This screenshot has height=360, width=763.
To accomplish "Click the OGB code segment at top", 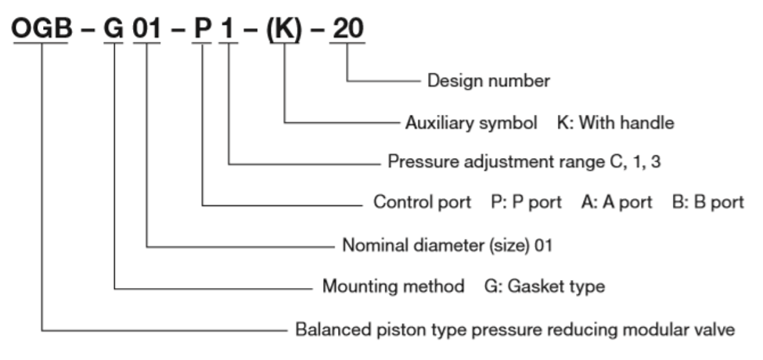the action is click(41, 28).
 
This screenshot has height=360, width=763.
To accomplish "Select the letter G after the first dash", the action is click(114, 28).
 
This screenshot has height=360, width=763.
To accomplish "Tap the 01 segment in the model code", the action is click(147, 28).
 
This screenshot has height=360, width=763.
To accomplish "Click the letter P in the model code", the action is click(203, 28).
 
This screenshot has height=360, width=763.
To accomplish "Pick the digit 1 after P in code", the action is click(227, 28).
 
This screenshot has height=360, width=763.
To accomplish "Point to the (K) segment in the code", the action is click(284, 29).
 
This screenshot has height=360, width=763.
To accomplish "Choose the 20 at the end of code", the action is click(348, 28).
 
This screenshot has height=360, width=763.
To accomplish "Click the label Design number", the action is click(488, 81).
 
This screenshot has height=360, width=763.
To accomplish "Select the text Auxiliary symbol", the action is click(471, 123).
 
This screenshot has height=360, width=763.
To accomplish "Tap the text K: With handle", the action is click(616, 123).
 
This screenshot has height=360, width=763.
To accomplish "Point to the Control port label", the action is click(422, 202).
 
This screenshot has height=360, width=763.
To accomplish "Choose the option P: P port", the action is click(526, 202).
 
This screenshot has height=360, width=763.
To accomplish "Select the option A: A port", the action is click(617, 202).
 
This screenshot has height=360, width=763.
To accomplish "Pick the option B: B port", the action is click(708, 202).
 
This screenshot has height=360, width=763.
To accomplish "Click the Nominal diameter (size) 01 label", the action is click(448, 245).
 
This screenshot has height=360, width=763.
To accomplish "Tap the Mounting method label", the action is click(393, 286).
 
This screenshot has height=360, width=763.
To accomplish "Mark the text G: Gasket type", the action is click(545, 286).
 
